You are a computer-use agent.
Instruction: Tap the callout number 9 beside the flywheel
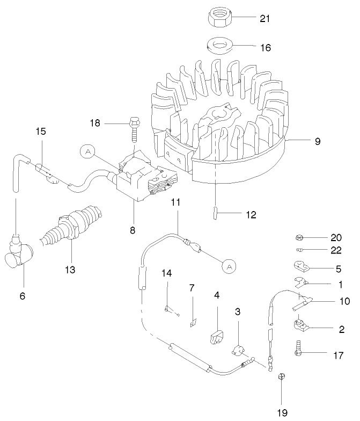click(x=318, y=141)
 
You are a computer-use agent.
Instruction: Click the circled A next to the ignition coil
click(x=87, y=152)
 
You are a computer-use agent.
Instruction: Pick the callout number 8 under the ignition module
click(x=132, y=230)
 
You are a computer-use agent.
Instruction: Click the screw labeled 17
click(x=297, y=350)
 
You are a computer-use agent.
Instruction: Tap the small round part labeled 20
click(x=299, y=237)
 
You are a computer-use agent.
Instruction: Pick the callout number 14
click(x=167, y=273)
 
